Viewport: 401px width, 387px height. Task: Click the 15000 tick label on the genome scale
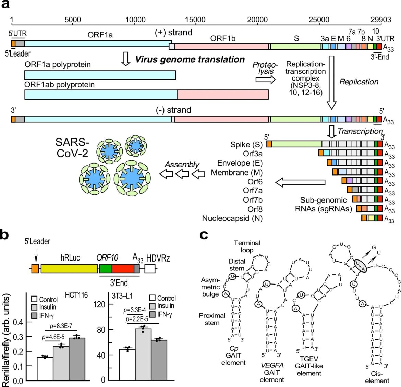[x=195, y=20]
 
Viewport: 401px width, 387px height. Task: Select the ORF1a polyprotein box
[x=100, y=75]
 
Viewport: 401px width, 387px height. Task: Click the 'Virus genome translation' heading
[x=190, y=59]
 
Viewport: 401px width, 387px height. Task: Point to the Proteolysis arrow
[x=266, y=80]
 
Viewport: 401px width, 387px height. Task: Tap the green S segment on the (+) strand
[x=296, y=47]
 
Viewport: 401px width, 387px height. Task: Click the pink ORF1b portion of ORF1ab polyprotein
[x=223, y=94]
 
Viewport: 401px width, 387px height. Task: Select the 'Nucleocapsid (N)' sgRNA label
[x=232, y=218]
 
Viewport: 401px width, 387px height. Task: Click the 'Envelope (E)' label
[x=240, y=163]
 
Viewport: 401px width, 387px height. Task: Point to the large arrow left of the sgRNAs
[x=300, y=182]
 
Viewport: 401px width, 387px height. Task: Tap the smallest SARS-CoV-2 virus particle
[x=136, y=146]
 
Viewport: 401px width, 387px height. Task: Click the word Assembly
[x=182, y=165]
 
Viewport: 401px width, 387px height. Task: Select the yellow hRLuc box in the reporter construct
[x=69, y=269]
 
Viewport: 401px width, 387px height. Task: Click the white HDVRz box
[x=150, y=269]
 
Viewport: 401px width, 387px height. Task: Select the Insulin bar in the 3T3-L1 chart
[x=143, y=354]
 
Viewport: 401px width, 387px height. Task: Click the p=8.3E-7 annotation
[x=61, y=326]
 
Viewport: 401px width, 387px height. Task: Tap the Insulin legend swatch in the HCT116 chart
[x=34, y=307]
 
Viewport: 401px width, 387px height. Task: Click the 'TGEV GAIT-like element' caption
[x=309, y=366]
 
